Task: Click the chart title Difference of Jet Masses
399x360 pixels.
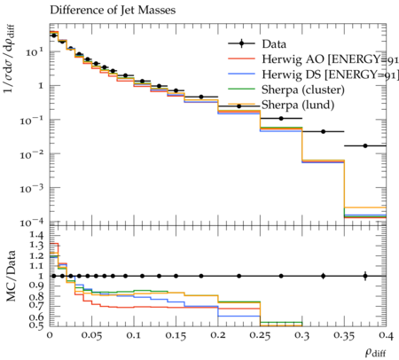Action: click(x=113, y=10)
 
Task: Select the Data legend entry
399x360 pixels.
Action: click(x=257, y=44)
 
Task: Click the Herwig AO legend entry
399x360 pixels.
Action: click(x=313, y=59)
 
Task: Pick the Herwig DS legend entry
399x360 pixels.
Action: click(x=313, y=74)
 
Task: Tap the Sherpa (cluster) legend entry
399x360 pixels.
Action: click(x=286, y=90)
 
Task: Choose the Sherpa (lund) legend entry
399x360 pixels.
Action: click(x=281, y=105)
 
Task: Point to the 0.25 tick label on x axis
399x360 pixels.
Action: click(x=260, y=335)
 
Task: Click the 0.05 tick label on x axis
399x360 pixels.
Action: click(x=92, y=335)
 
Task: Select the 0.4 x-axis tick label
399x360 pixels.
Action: click(x=386, y=335)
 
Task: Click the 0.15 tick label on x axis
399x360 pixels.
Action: click(x=176, y=335)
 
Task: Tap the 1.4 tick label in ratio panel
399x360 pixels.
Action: click(x=37, y=235)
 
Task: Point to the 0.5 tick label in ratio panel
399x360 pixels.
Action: click(x=37, y=325)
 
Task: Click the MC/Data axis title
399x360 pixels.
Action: click(x=11, y=276)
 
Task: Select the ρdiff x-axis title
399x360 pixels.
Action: click(x=375, y=353)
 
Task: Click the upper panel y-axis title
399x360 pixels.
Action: click(x=10, y=59)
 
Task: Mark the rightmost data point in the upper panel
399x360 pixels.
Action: click(x=365, y=145)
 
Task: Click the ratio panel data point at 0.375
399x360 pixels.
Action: click(x=365, y=276)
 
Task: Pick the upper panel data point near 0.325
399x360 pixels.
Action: click(x=323, y=131)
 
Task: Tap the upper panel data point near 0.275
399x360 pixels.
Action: click(x=281, y=119)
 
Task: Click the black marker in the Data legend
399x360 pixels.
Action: click(x=241, y=44)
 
